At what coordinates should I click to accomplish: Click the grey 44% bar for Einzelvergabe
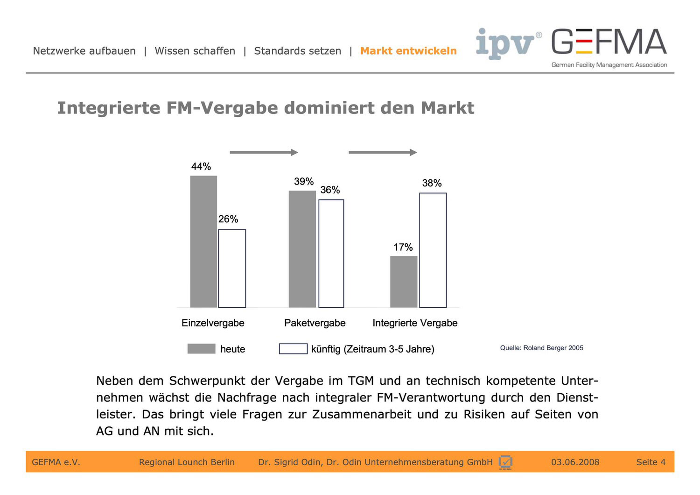click(x=203, y=241)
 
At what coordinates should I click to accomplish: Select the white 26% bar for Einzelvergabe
click(x=232, y=269)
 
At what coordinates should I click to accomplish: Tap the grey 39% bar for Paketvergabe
click(x=302, y=249)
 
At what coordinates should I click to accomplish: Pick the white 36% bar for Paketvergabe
click(x=331, y=254)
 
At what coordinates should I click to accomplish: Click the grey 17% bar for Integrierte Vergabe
click(x=404, y=282)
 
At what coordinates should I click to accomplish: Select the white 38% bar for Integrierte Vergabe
click(x=433, y=250)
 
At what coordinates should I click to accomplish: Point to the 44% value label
click(x=201, y=167)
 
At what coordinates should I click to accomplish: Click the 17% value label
click(x=403, y=247)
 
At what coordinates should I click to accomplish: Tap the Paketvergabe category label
click(x=315, y=323)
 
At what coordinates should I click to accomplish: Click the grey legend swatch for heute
click(x=201, y=349)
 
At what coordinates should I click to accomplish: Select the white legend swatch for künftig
click(x=293, y=349)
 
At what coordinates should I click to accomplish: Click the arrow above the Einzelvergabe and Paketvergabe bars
click(x=264, y=152)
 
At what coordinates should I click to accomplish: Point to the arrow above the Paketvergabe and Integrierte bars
click(x=383, y=152)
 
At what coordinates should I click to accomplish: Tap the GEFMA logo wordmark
click(x=609, y=42)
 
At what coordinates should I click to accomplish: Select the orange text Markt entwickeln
click(x=408, y=51)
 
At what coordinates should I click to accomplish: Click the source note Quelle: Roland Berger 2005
click(x=541, y=348)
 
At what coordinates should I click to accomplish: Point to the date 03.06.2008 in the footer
click(x=575, y=462)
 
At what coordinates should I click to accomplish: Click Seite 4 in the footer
click(x=651, y=462)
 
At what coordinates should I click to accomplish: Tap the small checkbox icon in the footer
click(x=505, y=462)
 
